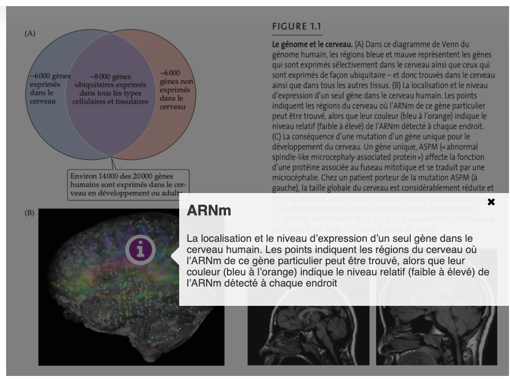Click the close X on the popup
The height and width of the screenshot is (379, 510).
click(x=491, y=202)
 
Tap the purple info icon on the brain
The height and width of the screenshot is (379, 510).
click(x=140, y=249)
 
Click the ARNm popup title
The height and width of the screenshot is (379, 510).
click(x=209, y=210)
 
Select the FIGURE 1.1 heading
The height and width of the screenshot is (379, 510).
click(x=297, y=26)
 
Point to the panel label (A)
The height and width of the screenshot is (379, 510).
click(x=30, y=34)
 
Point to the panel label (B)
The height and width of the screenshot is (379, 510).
click(x=30, y=212)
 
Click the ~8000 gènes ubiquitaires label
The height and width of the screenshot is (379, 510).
click(x=110, y=89)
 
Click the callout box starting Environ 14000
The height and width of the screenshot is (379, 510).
click(x=127, y=184)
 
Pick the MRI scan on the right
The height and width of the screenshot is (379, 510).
click(x=436, y=335)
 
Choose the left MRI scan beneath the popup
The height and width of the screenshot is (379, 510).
click(x=308, y=335)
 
